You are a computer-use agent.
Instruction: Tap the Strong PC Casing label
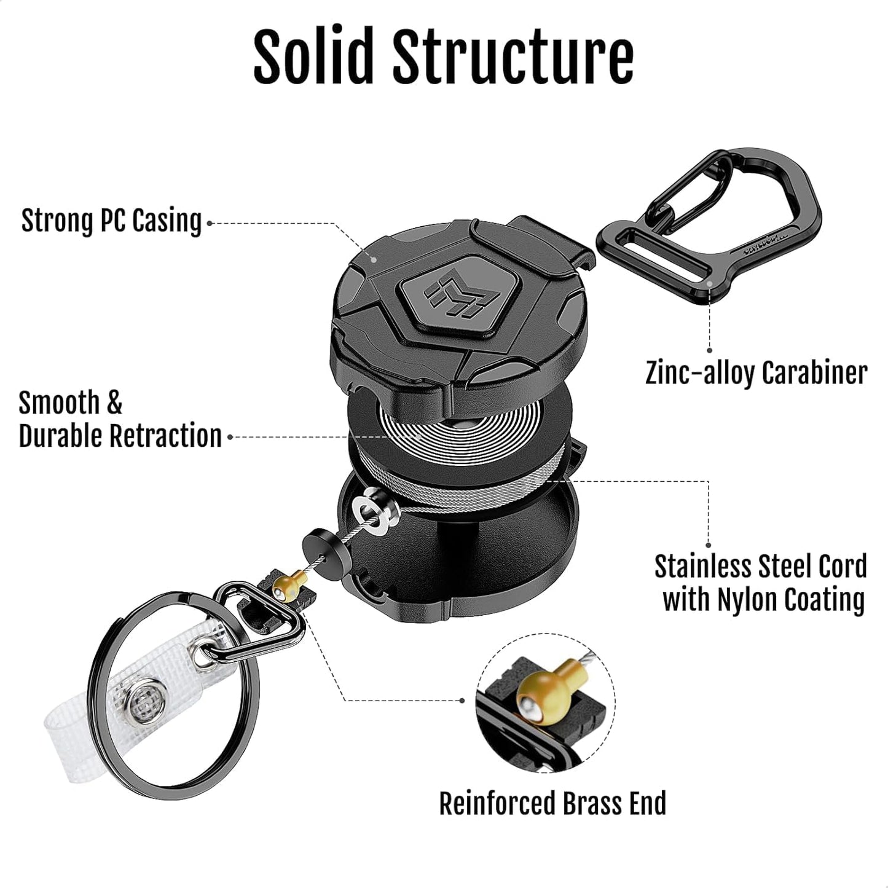(111, 221)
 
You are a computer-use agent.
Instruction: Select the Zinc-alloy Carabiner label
(756, 372)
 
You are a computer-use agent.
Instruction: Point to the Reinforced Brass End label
(552, 803)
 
